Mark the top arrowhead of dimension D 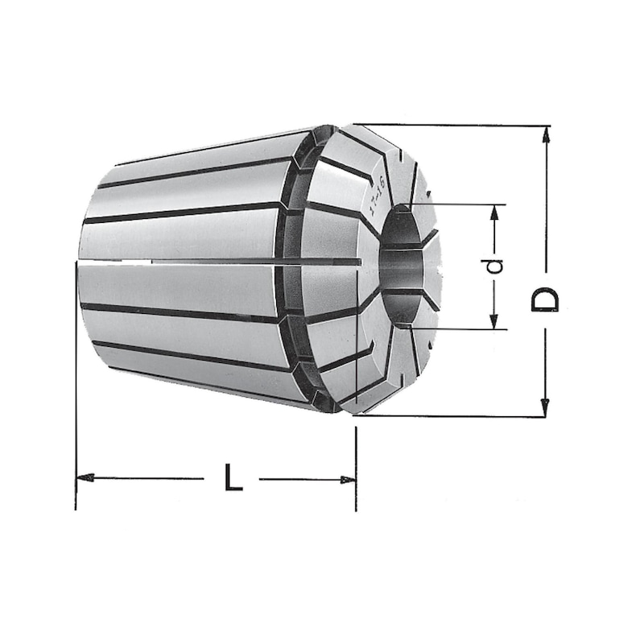547,135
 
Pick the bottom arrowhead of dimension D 546,407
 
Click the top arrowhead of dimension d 496,213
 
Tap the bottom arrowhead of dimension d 495,321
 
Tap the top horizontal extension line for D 451,125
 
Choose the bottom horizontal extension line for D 451,416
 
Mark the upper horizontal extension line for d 459,204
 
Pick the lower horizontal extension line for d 459,329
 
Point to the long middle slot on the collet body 242,262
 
